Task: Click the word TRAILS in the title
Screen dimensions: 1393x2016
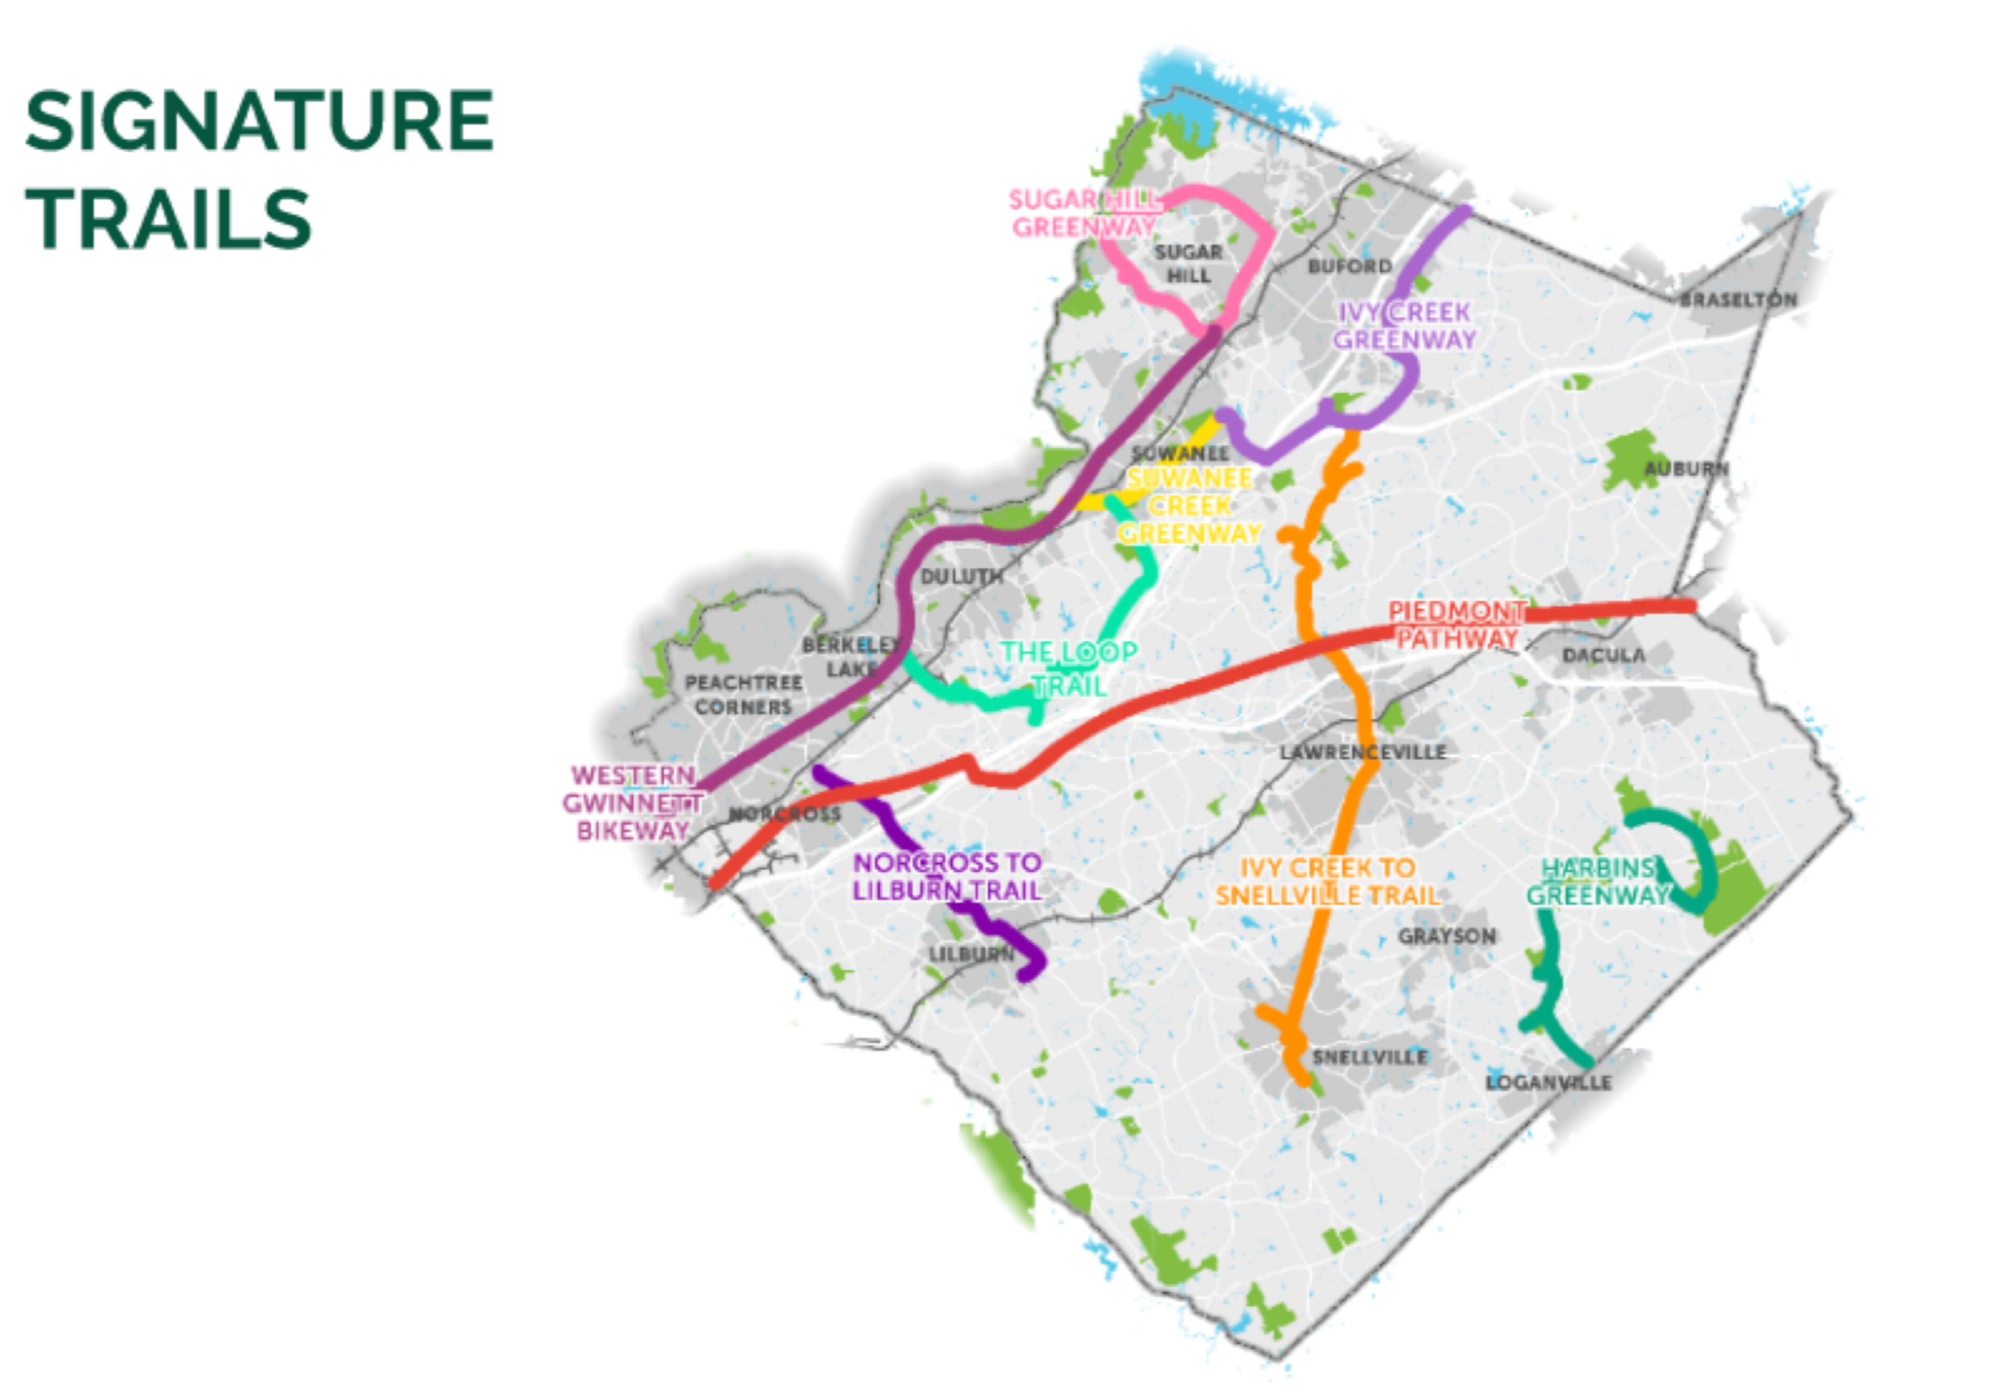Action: (x=169, y=218)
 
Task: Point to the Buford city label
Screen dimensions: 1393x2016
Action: (x=1349, y=266)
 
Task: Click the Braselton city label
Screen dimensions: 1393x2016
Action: (x=1738, y=299)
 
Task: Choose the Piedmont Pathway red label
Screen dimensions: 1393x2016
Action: (x=1456, y=624)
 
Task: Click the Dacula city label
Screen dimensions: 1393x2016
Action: (x=1603, y=655)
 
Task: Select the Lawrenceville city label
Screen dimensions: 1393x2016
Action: (x=1362, y=751)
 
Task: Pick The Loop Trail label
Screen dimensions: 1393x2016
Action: (x=1068, y=668)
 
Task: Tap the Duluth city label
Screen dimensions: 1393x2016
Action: (x=961, y=576)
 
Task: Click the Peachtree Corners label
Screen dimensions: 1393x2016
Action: (x=743, y=695)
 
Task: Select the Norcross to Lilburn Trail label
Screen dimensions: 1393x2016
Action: (x=947, y=876)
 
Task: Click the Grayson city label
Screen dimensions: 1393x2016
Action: (x=1446, y=936)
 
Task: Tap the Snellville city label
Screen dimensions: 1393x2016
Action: (x=1369, y=1057)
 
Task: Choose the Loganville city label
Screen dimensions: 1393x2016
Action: (x=1548, y=1082)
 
